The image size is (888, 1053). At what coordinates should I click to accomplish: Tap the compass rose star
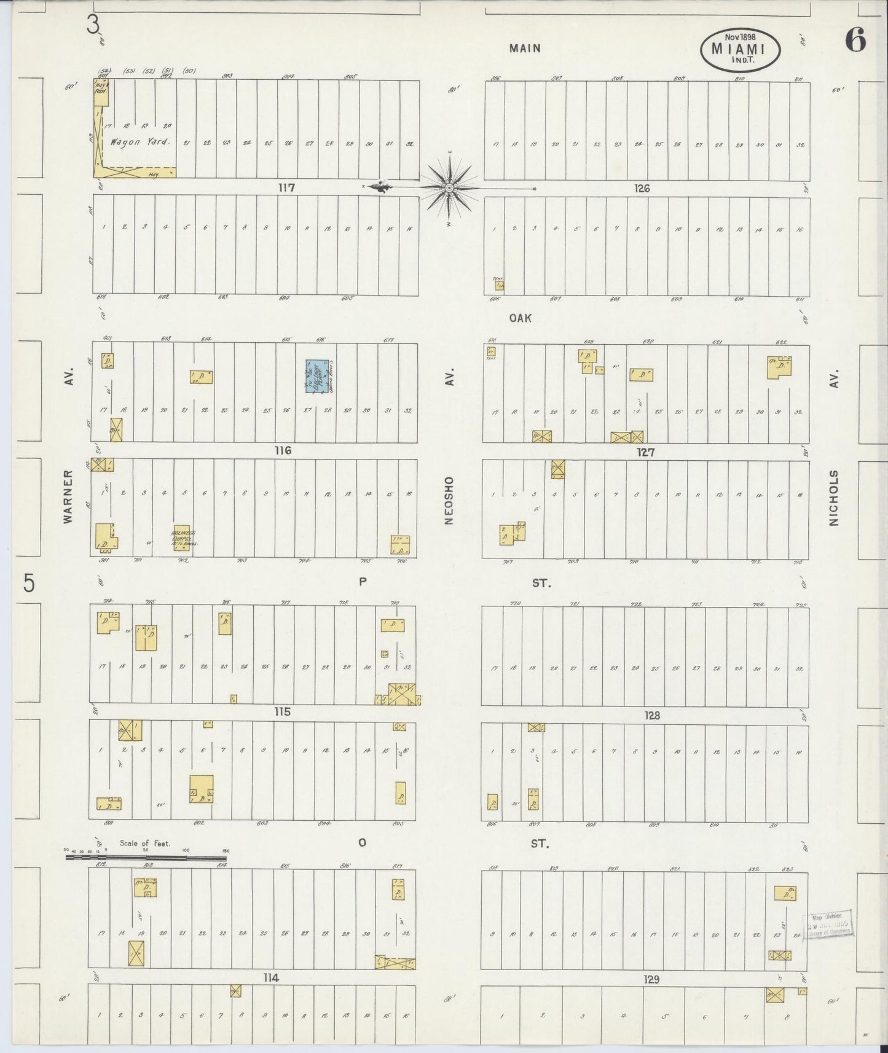(x=449, y=187)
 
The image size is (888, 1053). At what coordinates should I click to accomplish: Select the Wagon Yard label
(x=139, y=142)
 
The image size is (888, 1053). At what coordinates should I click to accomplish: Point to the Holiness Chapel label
(x=183, y=538)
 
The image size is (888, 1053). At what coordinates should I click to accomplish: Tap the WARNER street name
(x=68, y=496)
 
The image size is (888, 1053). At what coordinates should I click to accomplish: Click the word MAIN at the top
(x=525, y=48)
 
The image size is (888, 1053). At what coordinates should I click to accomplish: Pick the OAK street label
(x=520, y=318)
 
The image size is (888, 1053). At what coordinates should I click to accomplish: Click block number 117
(x=286, y=188)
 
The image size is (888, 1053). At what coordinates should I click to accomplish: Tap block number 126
(x=642, y=189)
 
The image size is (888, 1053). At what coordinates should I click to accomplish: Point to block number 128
(x=652, y=716)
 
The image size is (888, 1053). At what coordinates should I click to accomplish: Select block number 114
(x=271, y=977)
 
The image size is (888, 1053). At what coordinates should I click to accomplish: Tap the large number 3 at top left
(x=93, y=25)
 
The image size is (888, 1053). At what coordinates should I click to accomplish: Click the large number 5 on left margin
(x=28, y=584)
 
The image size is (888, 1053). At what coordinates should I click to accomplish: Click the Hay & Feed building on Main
(x=101, y=92)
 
